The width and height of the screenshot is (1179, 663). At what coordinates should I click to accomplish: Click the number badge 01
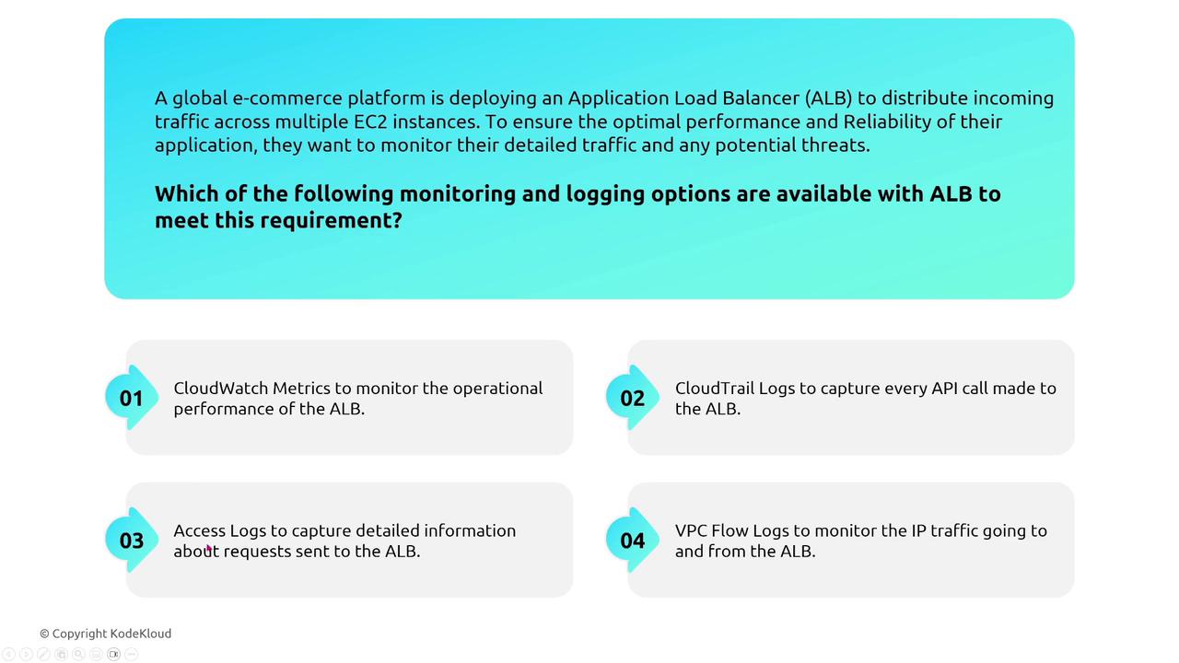click(132, 398)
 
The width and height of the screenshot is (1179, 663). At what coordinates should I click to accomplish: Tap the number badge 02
click(632, 398)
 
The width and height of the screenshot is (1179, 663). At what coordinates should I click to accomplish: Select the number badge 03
click(132, 541)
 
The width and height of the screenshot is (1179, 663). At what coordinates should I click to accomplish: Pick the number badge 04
click(632, 541)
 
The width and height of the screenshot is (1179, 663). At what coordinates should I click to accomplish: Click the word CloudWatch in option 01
click(220, 389)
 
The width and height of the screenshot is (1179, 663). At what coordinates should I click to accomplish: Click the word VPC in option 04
click(691, 531)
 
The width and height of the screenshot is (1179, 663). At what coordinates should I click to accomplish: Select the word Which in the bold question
click(187, 193)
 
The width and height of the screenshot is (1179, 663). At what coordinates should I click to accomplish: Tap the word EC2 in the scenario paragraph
click(370, 122)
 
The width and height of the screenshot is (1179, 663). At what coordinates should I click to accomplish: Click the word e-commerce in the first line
click(287, 99)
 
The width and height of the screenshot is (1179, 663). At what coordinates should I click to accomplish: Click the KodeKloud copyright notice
click(106, 634)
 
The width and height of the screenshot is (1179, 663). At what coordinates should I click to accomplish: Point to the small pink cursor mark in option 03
click(209, 549)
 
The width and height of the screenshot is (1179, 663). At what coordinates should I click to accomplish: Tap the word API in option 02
click(944, 389)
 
